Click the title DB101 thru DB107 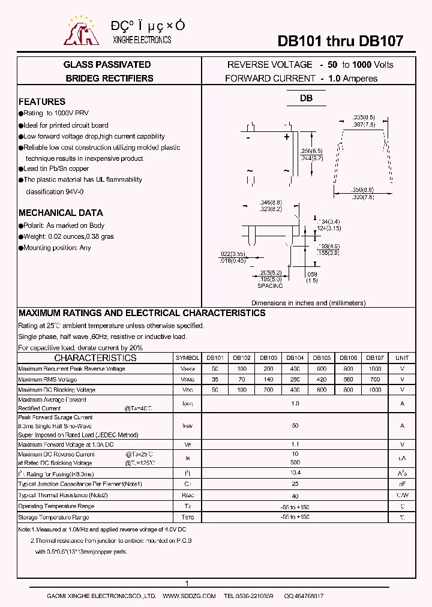coord(340,41)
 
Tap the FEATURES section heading coord(42,102)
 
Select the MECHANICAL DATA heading coord(61,213)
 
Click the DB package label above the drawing coord(307,98)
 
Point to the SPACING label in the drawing coord(269,286)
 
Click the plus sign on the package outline coord(286,137)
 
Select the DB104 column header coord(295,357)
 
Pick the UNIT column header coord(402,357)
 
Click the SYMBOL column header coord(187,357)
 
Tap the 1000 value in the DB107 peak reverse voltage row coord(375,368)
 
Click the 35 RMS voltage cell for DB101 coord(215,379)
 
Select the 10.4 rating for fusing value coord(295,473)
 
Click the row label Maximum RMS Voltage coord(47,379)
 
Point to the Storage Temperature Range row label coord(53,517)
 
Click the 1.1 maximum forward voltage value coord(295,444)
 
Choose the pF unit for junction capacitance coord(402,483)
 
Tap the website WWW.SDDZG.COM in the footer coord(189,596)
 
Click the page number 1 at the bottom coord(187,584)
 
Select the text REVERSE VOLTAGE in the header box coord(269,65)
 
